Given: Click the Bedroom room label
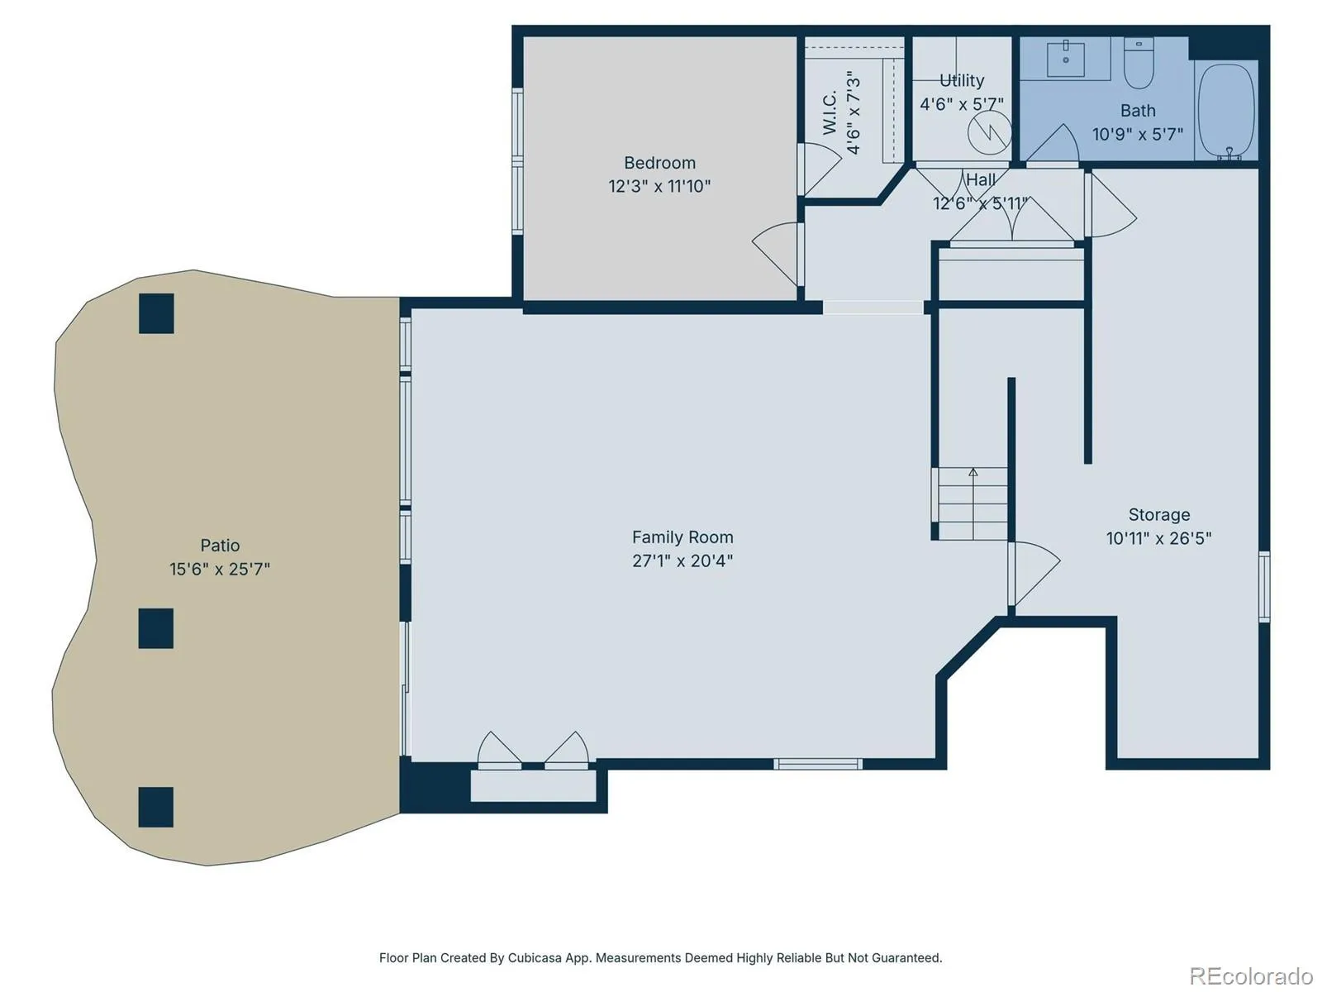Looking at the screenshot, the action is [659, 163].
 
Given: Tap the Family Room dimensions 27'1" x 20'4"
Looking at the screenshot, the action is [682, 560].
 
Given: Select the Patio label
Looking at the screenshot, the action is [220, 545].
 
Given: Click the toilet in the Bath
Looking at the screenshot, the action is [1139, 63].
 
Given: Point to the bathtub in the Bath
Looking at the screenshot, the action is [1227, 112].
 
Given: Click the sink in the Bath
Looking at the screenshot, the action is [1065, 59].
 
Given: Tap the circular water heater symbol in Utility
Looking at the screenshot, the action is [990, 131].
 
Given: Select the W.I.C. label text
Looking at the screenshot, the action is [830, 113].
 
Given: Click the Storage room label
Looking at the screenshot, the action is [1158, 514].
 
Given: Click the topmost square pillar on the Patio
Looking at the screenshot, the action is [157, 313].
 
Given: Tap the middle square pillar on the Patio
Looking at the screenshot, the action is [156, 628].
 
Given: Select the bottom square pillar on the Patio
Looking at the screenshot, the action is [156, 807].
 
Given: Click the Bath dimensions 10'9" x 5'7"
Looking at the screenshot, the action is [1138, 134].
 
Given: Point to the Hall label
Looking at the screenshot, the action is [981, 179].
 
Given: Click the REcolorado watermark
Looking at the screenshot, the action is [1251, 975].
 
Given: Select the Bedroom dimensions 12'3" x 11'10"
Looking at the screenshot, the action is [659, 186].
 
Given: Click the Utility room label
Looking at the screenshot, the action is [962, 81].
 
